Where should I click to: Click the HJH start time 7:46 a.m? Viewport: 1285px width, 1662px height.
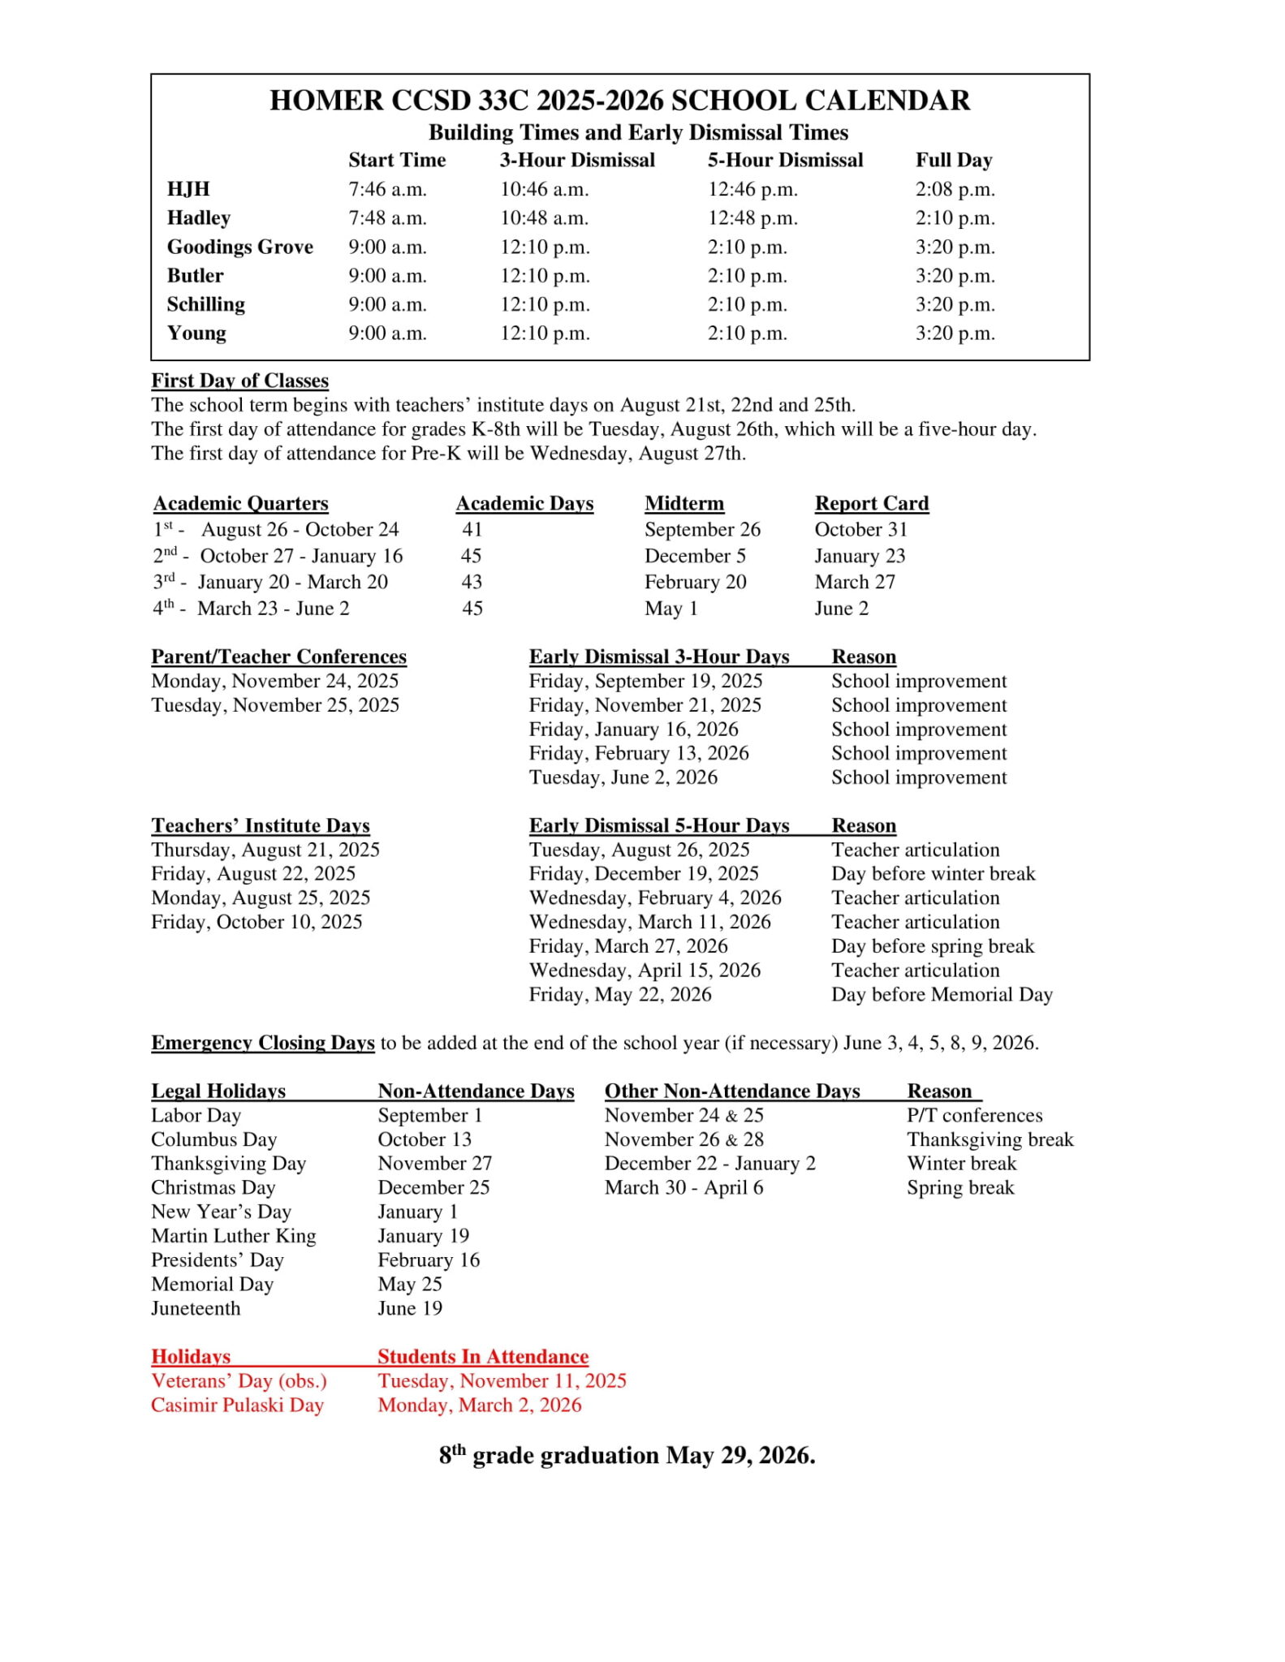coord(387,189)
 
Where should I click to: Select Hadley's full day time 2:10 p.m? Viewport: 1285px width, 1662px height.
coord(955,218)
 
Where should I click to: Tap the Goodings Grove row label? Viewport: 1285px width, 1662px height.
coord(239,247)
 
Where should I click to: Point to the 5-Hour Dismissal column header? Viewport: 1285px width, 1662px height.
coord(785,160)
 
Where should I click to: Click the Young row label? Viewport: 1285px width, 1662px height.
coord(196,334)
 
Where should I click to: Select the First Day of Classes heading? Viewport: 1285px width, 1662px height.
coord(239,381)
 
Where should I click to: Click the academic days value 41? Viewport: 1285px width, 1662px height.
coord(472,530)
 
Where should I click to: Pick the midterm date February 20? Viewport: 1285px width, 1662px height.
coord(695,582)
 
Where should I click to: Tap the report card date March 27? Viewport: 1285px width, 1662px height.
coord(855,582)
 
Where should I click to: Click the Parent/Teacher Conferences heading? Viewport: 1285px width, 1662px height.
coord(278,657)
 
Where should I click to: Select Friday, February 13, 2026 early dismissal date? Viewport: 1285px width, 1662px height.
coord(638,753)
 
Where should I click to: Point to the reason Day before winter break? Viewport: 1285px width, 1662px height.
coord(933,874)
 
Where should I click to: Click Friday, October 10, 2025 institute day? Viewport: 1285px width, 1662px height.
coord(257,922)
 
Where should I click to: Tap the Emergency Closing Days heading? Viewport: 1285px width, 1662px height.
coord(262,1043)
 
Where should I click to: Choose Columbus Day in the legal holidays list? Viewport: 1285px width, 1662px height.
coord(213,1139)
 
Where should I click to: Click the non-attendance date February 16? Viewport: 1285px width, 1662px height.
coord(429,1260)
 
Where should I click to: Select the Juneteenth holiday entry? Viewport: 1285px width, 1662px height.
coord(196,1308)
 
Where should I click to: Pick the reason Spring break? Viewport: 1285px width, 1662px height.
coord(960,1187)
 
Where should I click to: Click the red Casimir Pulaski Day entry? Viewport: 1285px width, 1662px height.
coord(237,1405)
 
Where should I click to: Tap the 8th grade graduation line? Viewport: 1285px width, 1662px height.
coord(627,1455)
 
